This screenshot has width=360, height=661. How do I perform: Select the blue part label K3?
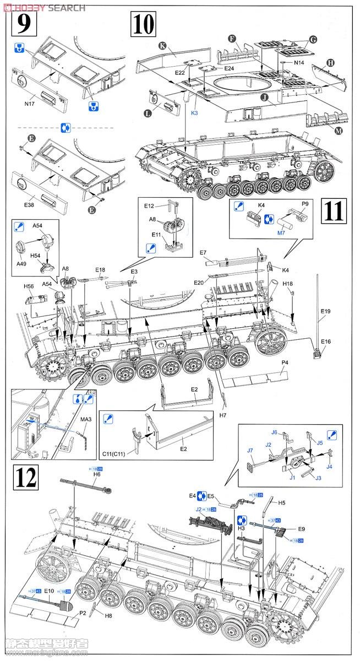point(194,113)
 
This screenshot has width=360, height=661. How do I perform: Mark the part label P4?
point(285,363)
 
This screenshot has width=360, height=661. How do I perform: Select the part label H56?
point(29,286)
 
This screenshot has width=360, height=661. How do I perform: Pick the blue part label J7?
point(250,451)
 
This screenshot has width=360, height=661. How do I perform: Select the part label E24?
point(230,68)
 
